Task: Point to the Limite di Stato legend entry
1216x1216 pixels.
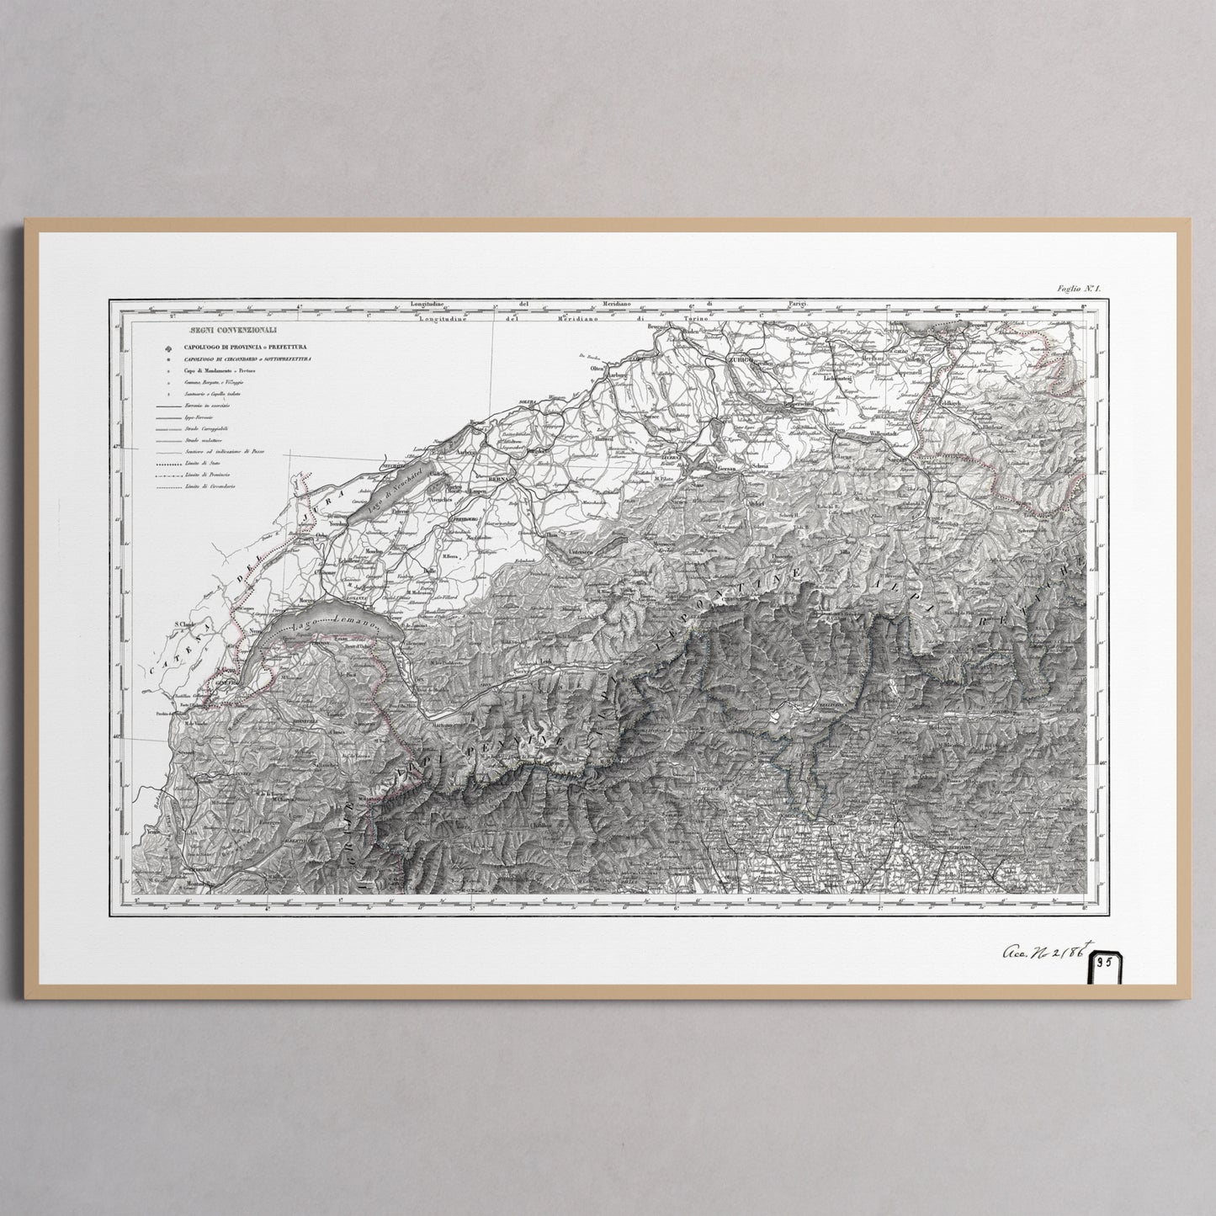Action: tap(195, 464)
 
